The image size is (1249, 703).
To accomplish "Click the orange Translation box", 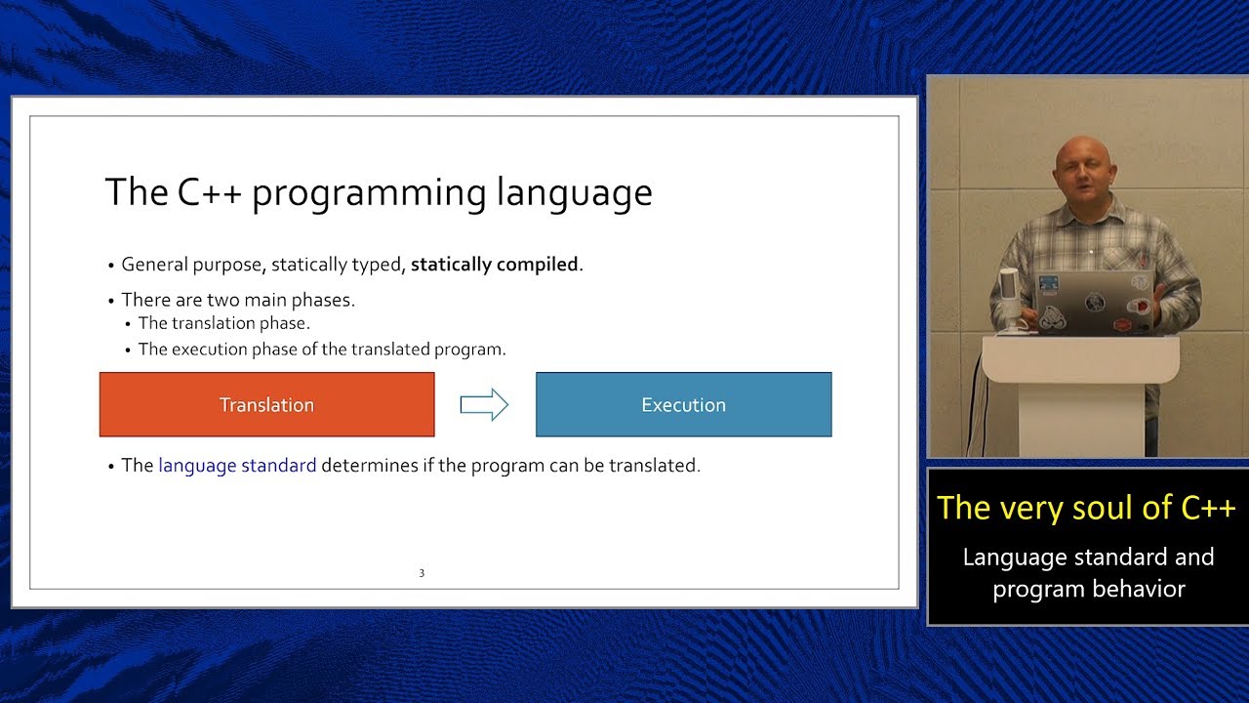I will click(x=266, y=404).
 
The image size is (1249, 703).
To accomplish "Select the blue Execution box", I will click(x=683, y=404).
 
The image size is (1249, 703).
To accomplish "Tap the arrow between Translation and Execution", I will click(x=484, y=404).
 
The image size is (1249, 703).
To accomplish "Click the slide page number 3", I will click(x=422, y=573).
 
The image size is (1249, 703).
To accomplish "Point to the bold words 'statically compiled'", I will click(x=495, y=265).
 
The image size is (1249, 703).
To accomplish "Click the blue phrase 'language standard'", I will click(x=237, y=466).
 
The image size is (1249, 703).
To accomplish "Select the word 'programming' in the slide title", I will click(x=369, y=192).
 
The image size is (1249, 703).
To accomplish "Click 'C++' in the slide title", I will click(x=209, y=192).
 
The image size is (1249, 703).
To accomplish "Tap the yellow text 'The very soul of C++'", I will click(x=1086, y=508).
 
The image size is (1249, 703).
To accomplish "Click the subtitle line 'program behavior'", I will click(x=1088, y=590).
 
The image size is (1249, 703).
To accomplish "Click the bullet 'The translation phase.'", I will click(x=223, y=323).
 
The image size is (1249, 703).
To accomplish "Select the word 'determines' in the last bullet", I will click(x=370, y=466).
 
